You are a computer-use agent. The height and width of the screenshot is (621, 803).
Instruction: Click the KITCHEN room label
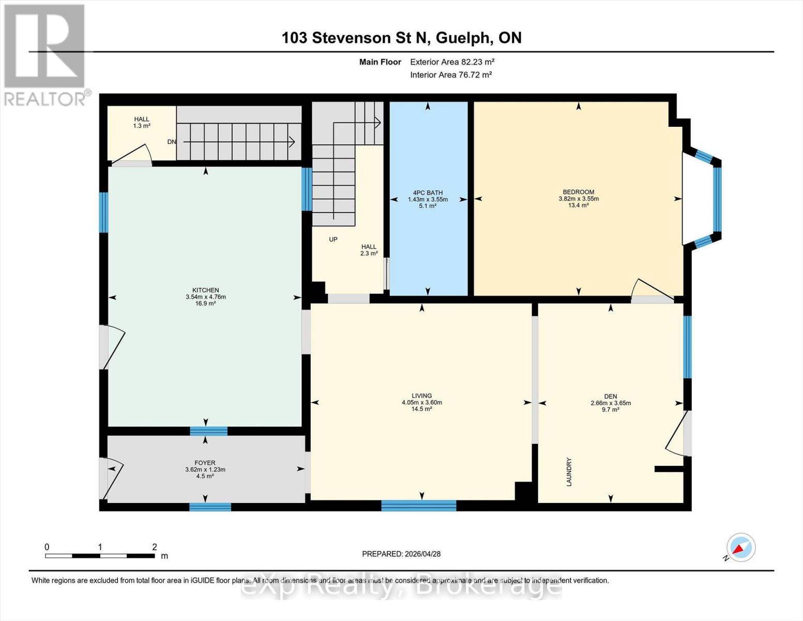coord(205,290)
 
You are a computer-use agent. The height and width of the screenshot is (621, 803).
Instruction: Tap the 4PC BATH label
coord(428,193)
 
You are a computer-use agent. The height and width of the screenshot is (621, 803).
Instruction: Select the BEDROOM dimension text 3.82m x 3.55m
coord(579,199)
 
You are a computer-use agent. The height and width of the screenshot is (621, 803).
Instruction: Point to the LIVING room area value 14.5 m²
coord(421,409)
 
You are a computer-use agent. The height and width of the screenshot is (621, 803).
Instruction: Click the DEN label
coord(611,396)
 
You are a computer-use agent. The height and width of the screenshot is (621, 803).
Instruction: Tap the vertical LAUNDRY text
coord(569,471)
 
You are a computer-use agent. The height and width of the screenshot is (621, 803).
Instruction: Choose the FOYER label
coord(205,463)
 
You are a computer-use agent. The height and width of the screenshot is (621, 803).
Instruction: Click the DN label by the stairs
coord(172,142)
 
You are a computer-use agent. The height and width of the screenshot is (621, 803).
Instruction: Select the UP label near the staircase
coord(333,239)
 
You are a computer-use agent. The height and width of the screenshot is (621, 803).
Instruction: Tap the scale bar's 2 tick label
coord(155,546)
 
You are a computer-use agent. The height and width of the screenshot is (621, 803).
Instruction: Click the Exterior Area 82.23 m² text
coord(452,62)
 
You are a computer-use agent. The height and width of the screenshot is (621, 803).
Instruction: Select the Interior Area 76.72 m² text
coord(451,75)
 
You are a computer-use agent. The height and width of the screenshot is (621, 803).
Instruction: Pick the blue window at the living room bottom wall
coord(419,505)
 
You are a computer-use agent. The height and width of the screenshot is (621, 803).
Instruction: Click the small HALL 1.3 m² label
coord(142,123)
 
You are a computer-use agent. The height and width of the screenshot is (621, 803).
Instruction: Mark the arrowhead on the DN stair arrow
coord(292,142)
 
